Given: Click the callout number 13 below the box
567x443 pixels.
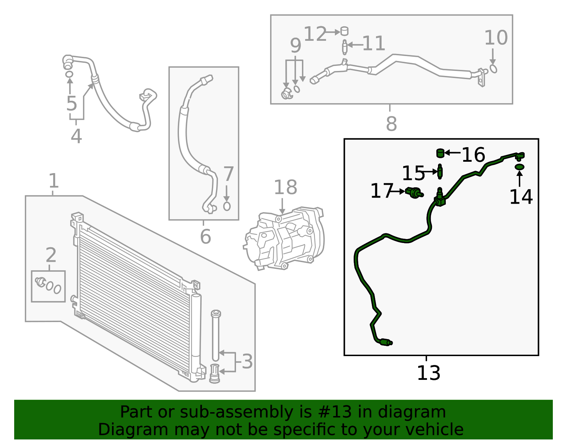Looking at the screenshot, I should click(x=428, y=373).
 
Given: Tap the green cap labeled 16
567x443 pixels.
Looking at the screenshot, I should click(x=440, y=153).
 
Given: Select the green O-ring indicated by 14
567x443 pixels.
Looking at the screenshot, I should click(x=519, y=167).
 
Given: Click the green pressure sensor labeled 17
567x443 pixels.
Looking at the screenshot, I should click(x=414, y=193).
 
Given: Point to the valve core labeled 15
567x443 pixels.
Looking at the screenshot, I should click(x=440, y=172).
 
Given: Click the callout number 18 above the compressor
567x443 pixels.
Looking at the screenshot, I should click(x=285, y=187).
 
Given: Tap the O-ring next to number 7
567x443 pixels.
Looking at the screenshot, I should click(x=227, y=206).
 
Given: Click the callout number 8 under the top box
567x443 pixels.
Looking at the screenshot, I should click(x=391, y=124).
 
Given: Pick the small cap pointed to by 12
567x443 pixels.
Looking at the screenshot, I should click(x=344, y=31).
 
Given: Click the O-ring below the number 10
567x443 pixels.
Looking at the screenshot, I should click(x=493, y=68).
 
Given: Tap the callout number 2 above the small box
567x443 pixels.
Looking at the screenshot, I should click(x=51, y=255).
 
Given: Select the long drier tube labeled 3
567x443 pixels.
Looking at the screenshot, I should click(x=215, y=335).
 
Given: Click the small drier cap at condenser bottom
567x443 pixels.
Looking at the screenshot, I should click(x=214, y=373).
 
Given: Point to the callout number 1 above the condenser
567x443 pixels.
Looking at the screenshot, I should click(x=54, y=181).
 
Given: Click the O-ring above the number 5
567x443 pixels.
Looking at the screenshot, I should click(x=69, y=74).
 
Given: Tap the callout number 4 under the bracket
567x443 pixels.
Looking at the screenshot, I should click(x=76, y=136).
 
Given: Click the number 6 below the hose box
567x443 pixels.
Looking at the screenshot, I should click(x=205, y=237).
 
